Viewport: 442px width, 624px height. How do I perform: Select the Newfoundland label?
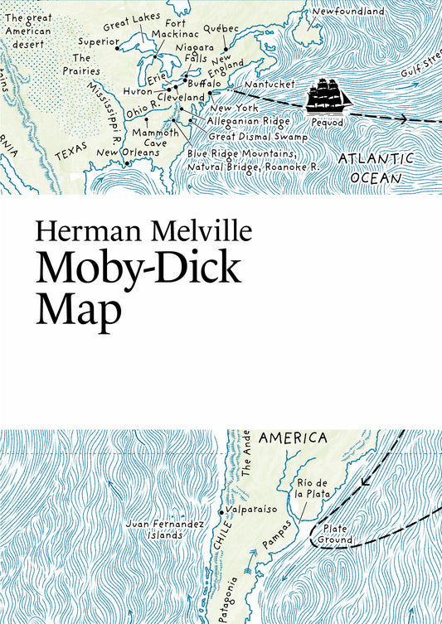point(348,12)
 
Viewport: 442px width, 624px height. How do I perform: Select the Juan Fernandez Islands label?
point(158,529)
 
